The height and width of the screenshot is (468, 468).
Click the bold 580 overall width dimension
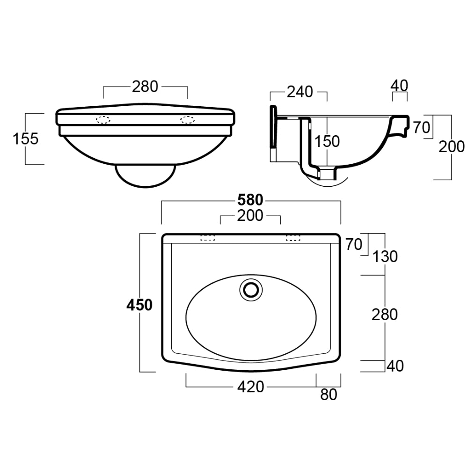[x=251, y=200]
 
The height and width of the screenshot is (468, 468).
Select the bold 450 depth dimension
[x=139, y=305]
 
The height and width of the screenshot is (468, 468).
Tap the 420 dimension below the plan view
[x=251, y=387]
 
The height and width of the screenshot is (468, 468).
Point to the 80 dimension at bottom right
[x=329, y=395]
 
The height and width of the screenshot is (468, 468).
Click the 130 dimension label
[x=386, y=256]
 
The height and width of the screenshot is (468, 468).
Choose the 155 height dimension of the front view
[x=26, y=139]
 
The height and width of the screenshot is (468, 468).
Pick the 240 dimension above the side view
[x=300, y=92]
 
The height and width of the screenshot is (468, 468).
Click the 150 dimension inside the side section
[x=327, y=141]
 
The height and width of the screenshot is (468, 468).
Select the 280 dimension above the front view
[x=145, y=87]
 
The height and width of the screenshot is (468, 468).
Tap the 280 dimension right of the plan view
[x=385, y=314]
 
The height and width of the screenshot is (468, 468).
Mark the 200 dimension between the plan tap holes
[x=251, y=216]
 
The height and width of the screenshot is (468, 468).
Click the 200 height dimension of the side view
[x=452, y=147]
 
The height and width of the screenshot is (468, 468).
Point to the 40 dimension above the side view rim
[x=399, y=85]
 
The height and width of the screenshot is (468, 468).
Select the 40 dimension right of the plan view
[x=395, y=366]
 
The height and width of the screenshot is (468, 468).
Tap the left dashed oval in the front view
[x=103, y=119]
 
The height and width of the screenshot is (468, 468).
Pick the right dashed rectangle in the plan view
[x=293, y=238]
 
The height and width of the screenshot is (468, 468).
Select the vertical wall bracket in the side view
[x=273, y=133]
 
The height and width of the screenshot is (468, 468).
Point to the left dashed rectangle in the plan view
[x=207, y=238]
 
